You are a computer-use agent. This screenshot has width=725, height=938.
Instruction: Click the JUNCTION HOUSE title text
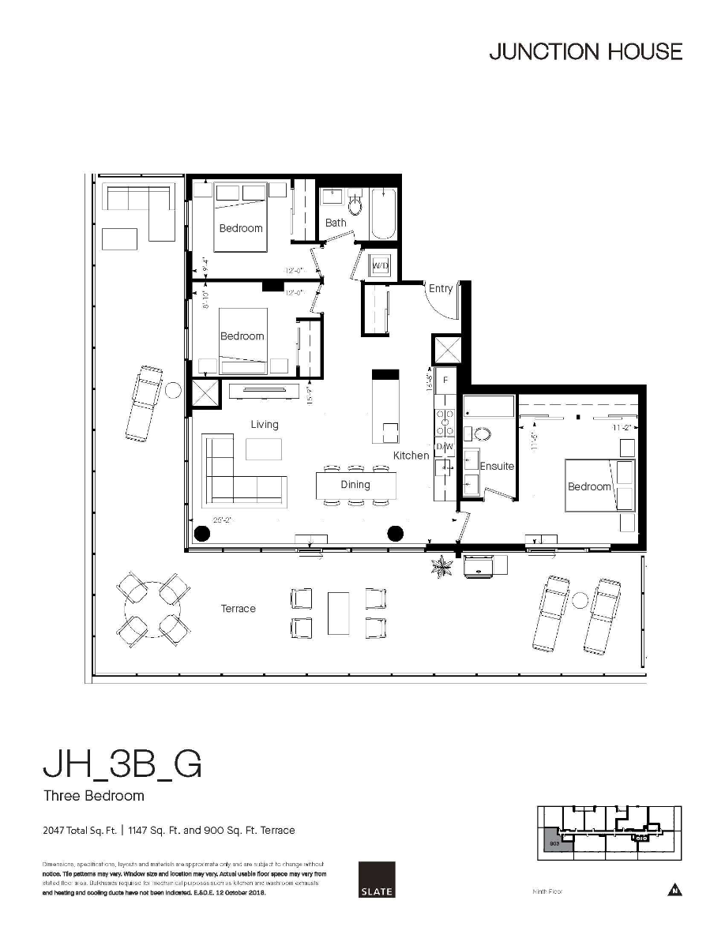coord(585,52)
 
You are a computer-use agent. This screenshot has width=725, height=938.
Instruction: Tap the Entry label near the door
coord(441,289)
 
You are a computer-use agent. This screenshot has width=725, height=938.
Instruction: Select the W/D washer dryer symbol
coord(381,266)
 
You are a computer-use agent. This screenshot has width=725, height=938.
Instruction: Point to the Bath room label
coord(336,223)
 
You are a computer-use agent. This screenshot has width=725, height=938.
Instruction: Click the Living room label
coord(265,425)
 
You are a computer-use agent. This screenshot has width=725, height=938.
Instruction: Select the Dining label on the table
coord(355,485)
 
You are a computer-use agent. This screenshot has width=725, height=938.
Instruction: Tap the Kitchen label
coord(411,456)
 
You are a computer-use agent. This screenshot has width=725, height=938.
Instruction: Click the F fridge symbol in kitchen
coord(445,381)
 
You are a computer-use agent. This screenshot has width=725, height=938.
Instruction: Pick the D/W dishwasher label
coord(445,447)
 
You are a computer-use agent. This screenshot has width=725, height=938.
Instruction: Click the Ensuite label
coord(497,467)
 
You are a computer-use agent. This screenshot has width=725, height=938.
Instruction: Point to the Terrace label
coord(238,609)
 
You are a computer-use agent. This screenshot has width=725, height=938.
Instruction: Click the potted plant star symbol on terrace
coord(441,565)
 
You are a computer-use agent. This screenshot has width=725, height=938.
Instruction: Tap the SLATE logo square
coord(376,879)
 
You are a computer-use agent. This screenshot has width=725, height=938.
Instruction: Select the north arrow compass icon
coord(674,890)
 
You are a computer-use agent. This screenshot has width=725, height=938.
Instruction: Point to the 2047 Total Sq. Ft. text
coord(79,831)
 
